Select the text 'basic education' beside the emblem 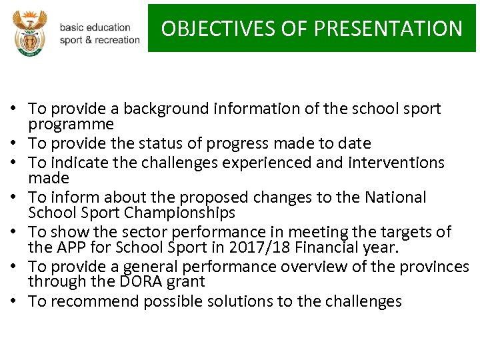(95, 27)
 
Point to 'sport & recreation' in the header (99, 40)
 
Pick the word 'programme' (71, 124)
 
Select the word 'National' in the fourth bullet (396, 197)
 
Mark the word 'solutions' (235, 301)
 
